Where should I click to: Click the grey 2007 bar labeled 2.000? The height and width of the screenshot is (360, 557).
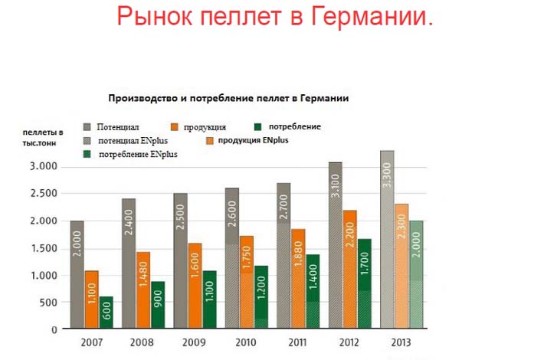[77, 274]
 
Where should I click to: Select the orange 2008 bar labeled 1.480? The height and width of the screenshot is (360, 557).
[143, 290]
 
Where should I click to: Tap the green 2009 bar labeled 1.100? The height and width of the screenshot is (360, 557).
[209, 299]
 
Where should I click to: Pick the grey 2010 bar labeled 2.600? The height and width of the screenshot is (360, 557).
[232, 258]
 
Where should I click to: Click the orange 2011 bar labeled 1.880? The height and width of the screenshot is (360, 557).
[298, 279]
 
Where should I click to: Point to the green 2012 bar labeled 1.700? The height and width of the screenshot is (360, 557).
[365, 283]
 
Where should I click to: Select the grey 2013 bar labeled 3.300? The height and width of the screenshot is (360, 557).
[387, 240]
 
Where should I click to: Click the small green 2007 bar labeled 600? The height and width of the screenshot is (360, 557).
[106, 313]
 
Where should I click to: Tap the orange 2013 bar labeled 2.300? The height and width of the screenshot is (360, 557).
[401, 267]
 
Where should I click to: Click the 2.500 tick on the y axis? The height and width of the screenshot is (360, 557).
[44, 194]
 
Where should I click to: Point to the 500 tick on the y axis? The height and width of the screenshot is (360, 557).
[49, 303]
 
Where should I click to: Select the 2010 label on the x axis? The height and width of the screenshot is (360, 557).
[245, 342]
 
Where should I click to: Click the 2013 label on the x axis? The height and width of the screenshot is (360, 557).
[401, 342]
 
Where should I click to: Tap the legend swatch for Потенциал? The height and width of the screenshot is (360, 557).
[87, 126]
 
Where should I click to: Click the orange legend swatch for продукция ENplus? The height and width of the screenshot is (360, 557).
[210, 141]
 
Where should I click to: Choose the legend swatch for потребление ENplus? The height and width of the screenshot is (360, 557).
[87, 154]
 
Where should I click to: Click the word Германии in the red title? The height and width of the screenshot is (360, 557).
[372, 16]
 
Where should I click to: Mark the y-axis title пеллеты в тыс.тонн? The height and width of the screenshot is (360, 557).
[43, 138]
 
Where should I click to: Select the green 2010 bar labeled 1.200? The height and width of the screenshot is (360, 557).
[261, 297]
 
